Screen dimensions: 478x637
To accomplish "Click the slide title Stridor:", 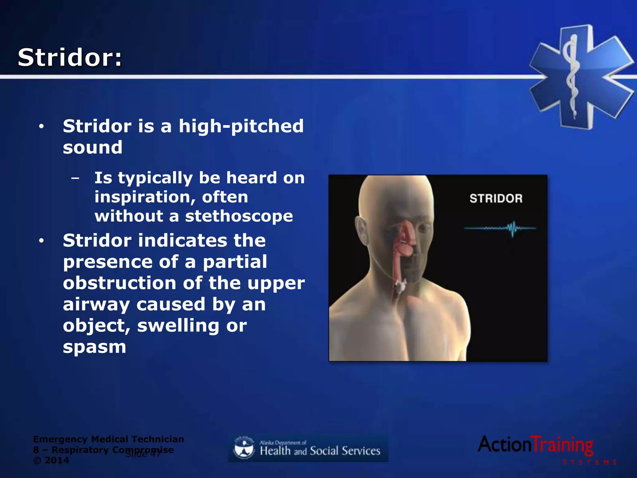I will [x=70, y=58].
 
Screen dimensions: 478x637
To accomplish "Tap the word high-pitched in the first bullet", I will [x=241, y=126].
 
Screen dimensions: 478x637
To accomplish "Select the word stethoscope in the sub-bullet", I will [x=239, y=216].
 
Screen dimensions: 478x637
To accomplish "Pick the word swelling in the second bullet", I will [x=178, y=326].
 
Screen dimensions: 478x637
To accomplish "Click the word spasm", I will [x=94, y=347].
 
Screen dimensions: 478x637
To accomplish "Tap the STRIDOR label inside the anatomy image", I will [x=496, y=199].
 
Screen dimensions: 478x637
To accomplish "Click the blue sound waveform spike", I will [x=512, y=229].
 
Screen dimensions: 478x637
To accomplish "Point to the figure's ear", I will [x=361, y=230].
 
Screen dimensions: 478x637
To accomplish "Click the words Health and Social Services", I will [x=320, y=451].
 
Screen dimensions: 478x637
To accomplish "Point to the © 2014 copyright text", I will [x=51, y=460].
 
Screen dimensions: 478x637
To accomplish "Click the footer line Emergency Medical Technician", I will [x=108, y=439].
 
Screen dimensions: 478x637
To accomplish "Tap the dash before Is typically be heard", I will [x=75, y=178].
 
